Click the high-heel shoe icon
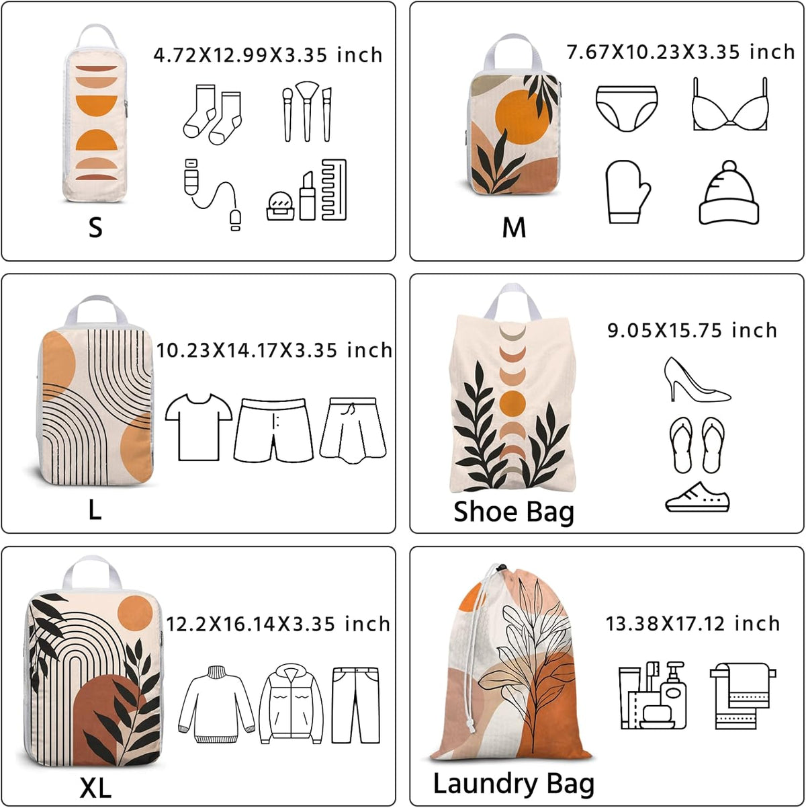[x=697, y=380]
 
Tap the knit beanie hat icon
[x=729, y=192]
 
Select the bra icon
[x=730, y=104]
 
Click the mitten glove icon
[x=627, y=191]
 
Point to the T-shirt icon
[x=199, y=427]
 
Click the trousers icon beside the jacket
[x=355, y=705]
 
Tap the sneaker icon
[x=697, y=497]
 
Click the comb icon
[x=334, y=190]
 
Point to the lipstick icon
[x=307, y=196]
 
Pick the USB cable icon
[x=212, y=194]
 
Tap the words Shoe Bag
[x=513, y=513]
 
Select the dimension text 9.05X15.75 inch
[x=692, y=331]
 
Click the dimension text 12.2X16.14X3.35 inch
[x=278, y=624]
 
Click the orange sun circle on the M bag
[x=523, y=116]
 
